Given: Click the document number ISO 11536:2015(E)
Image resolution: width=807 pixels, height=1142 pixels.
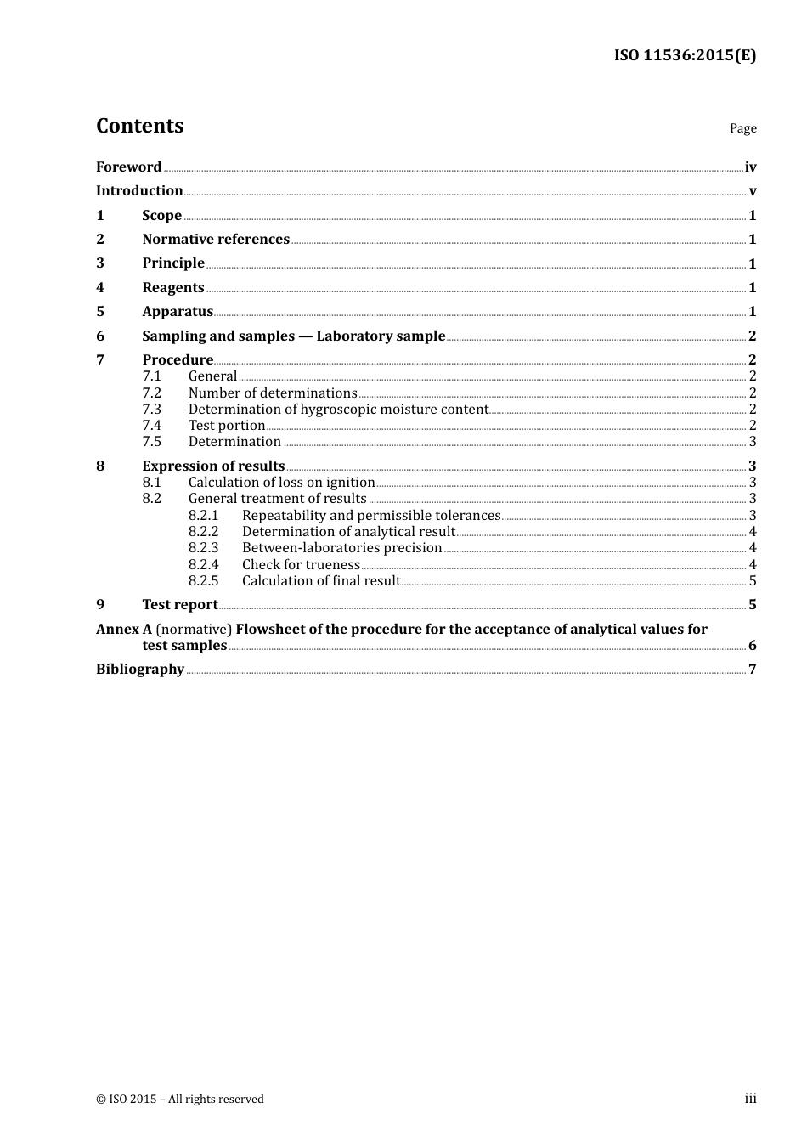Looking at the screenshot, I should click(x=685, y=55).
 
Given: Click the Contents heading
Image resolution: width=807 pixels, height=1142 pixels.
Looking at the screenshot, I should click(x=139, y=126).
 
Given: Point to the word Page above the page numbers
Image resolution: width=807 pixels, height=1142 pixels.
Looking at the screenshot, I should click(x=742, y=128).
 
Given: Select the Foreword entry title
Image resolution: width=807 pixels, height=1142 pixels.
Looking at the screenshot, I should click(x=128, y=167).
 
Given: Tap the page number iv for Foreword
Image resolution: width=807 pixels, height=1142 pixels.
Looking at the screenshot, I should click(x=750, y=167).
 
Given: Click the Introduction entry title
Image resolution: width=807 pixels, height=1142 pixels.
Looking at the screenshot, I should click(x=139, y=190).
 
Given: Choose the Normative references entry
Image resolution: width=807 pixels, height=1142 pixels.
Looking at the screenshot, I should click(x=216, y=239).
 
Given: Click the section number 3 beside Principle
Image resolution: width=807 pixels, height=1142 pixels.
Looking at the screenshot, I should click(x=100, y=263).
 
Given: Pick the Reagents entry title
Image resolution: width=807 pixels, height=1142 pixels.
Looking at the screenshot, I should click(x=173, y=287).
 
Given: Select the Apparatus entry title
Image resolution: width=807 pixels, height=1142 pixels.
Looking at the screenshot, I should click(x=178, y=311).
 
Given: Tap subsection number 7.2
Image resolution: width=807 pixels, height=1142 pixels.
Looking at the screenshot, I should click(x=151, y=393).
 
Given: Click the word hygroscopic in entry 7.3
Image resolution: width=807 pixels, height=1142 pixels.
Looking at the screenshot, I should click(x=337, y=409).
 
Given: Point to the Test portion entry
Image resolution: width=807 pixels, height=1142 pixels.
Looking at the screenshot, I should click(x=227, y=425).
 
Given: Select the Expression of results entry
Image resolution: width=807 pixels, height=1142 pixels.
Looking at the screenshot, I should click(x=213, y=466).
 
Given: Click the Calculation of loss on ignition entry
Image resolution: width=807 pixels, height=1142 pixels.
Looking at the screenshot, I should click(x=281, y=482).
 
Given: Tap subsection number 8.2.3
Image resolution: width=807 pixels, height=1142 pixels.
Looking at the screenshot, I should click(x=203, y=548).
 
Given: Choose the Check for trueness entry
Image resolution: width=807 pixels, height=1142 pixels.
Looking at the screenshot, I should click(x=301, y=564).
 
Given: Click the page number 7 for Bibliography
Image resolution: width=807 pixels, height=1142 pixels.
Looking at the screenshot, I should click(x=752, y=670).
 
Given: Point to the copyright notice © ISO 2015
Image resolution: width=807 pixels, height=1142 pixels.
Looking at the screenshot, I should click(x=179, y=1099).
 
